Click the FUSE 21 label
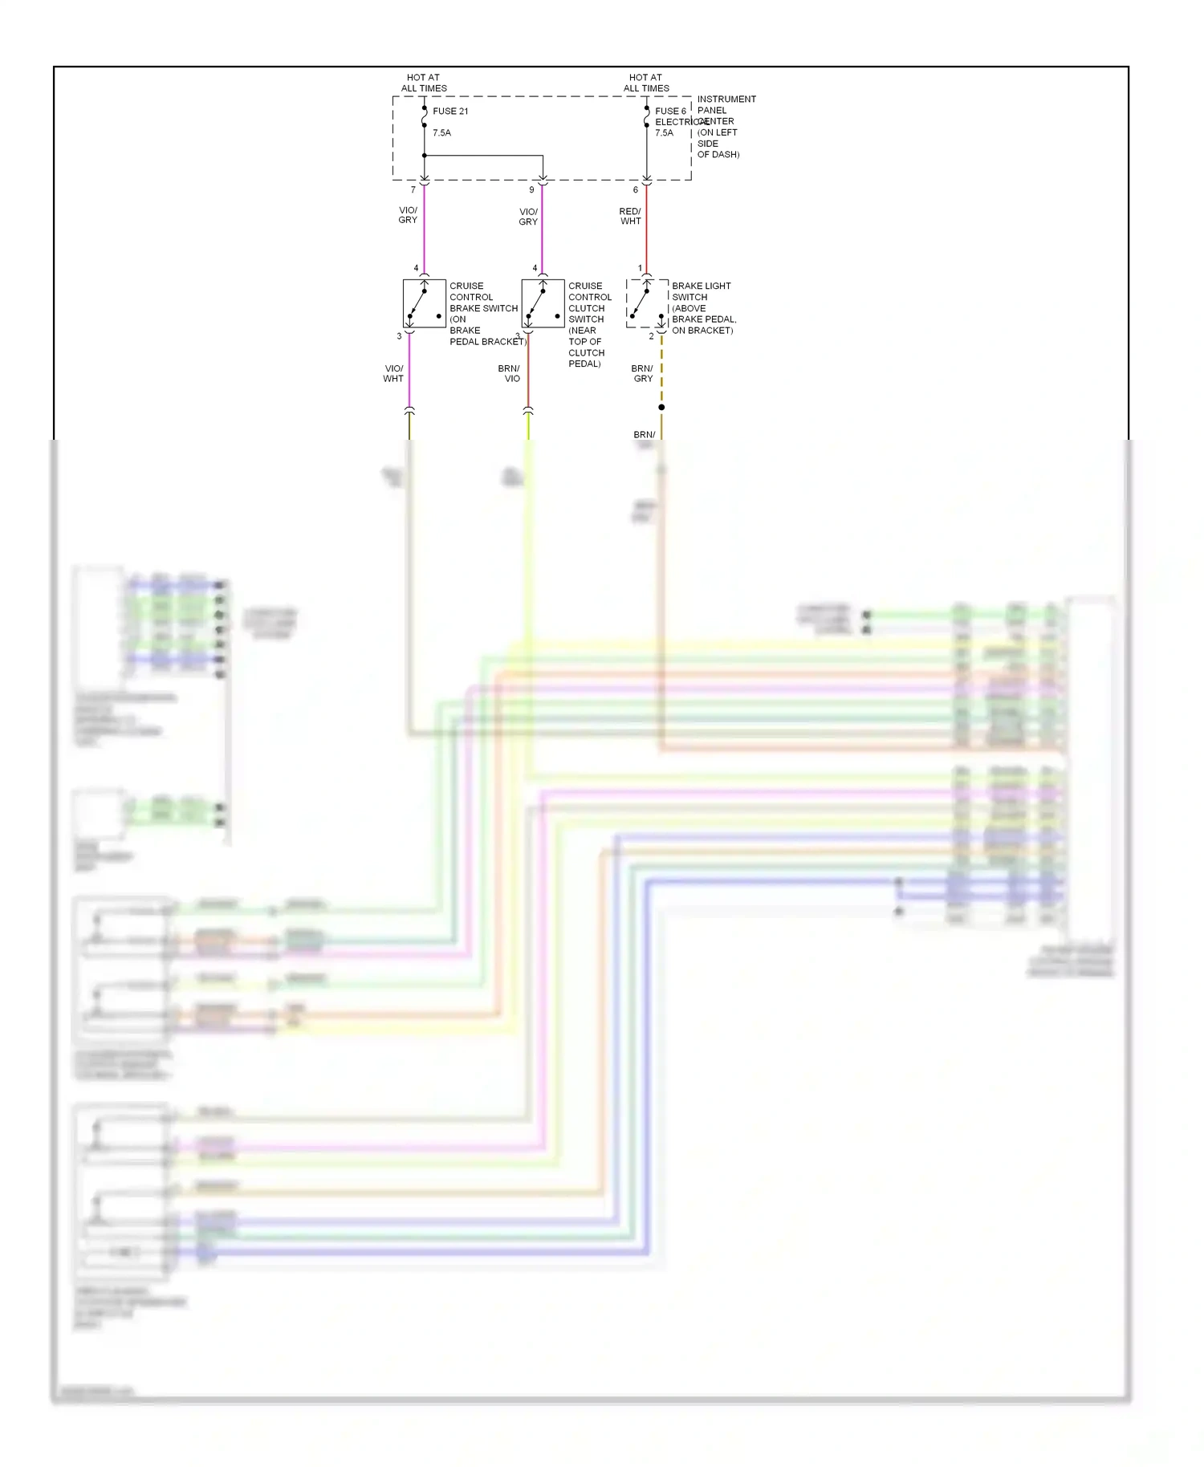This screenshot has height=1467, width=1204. (449, 112)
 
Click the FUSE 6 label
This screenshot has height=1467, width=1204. (670, 112)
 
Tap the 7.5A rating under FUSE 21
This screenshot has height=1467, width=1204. (441, 133)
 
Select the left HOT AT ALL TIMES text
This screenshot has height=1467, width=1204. (424, 83)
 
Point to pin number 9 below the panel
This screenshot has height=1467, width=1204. (531, 190)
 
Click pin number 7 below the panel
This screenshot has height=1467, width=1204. (413, 190)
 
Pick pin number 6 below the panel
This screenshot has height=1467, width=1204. (636, 190)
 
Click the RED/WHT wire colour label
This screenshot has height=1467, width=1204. (630, 216)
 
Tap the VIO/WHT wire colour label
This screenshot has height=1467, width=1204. (393, 374)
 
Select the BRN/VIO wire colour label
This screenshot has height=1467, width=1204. (509, 374)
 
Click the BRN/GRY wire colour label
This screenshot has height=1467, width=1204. (642, 374)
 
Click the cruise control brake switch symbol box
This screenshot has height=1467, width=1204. (424, 303)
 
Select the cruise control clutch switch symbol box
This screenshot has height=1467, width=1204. (543, 303)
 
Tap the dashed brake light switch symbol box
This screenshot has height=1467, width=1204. (647, 303)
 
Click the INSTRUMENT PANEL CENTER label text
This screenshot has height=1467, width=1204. (726, 127)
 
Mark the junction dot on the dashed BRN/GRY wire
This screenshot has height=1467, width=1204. (661, 408)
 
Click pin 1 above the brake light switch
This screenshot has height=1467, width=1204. (640, 268)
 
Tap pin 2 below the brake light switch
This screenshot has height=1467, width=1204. (651, 336)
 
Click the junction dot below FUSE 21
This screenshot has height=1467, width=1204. (424, 156)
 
